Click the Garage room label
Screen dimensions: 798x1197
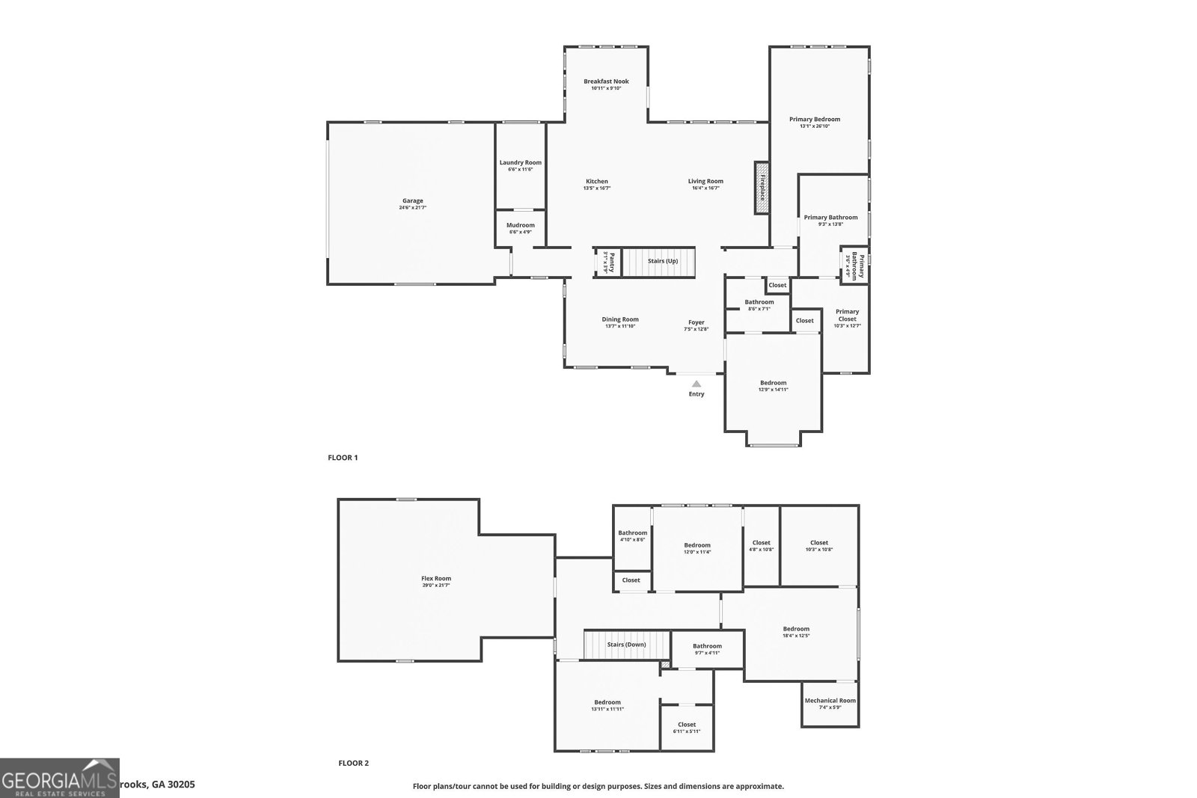[412, 200]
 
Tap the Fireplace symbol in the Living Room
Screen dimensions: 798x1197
[762, 188]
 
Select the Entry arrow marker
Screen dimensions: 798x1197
[696, 384]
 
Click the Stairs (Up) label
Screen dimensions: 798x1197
[662, 261]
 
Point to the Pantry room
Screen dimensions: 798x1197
[608, 263]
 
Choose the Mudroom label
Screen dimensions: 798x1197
[520, 225]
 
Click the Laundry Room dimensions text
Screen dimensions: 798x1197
[520, 170]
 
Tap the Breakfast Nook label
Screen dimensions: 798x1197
[606, 82]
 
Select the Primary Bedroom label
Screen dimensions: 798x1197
[815, 119]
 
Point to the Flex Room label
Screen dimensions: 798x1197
[436, 578]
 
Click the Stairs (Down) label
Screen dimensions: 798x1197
[626, 645]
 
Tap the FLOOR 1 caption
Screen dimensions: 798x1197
[343, 458]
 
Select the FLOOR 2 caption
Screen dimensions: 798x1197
[353, 764]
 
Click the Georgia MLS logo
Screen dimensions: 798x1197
[60, 778]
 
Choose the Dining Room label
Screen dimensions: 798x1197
[620, 319]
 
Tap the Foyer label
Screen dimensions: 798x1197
[696, 322]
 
